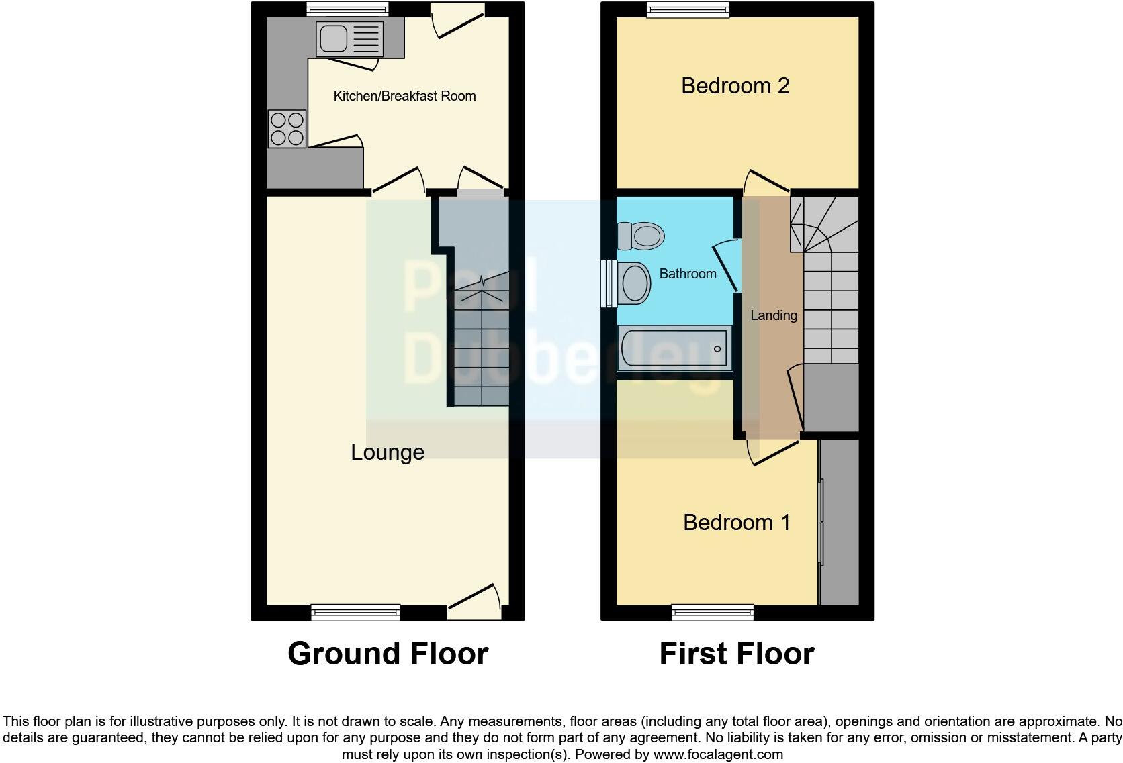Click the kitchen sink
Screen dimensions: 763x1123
[349, 39]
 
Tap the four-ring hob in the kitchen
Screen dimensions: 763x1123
[287, 129]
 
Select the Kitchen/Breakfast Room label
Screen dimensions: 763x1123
[404, 96]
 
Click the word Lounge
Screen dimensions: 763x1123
[388, 452]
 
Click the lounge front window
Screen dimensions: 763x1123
[355, 612]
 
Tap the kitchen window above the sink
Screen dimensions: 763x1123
[347, 9]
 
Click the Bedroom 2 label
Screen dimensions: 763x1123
[735, 86]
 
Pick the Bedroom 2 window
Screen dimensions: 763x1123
[688, 9]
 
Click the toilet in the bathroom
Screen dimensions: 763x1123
[641, 236]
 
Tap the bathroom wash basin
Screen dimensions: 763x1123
[633, 283]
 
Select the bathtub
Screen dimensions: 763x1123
[674, 348]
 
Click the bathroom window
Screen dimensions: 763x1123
[609, 283]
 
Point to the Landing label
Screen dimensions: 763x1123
[774, 315]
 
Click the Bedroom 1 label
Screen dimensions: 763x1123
[736, 523]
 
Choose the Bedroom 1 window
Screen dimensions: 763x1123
[713, 612]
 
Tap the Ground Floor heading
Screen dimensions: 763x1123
[388, 654]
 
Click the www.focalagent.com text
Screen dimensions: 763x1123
[718, 754]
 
